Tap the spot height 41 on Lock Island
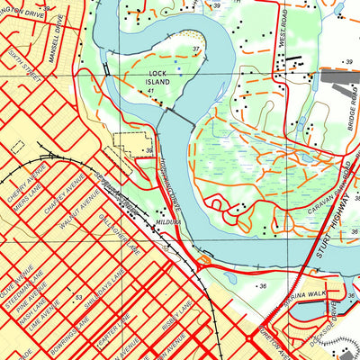pyautogui.click(x=152, y=91)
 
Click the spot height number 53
pyautogui.click(x=78, y=296)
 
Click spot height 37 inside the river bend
pyautogui.click(x=195, y=49)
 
